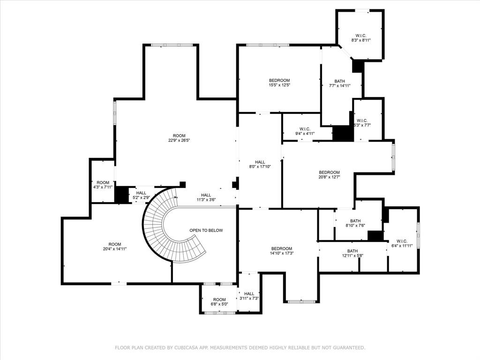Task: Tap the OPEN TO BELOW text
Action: point(206,231)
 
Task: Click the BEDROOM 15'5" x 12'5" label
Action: point(279,82)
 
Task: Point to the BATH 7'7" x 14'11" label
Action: point(339,83)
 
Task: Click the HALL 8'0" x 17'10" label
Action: point(260,165)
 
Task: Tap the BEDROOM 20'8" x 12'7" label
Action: point(329,175)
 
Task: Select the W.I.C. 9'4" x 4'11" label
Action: point(305,131)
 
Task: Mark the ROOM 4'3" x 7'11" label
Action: point(103,185)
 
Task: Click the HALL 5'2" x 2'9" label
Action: point(141,195)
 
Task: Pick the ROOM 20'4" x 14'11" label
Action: point(115,247)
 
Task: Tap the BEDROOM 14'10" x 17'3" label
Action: point(281,251)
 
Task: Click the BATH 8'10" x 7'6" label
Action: point(355,223)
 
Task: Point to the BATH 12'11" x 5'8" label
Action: point(352,253)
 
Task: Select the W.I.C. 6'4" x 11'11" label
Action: point(402,243)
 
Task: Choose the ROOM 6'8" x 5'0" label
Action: point(219,302)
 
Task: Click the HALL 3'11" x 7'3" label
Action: point(249,296)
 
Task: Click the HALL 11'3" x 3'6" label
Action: point(206,198)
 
